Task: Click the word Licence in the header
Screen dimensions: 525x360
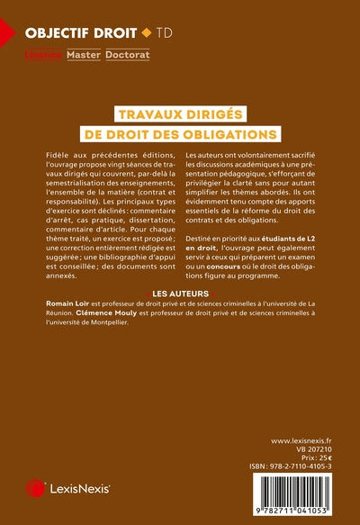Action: click(x=43, y=55)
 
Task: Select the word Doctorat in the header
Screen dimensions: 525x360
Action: click(x=128, y=55)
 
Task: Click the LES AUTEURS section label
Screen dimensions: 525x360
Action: click(x=181, y=294)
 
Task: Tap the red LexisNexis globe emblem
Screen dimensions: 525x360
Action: click(x=36, y=487)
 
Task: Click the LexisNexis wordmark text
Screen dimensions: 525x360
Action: click(x=81, y=488)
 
